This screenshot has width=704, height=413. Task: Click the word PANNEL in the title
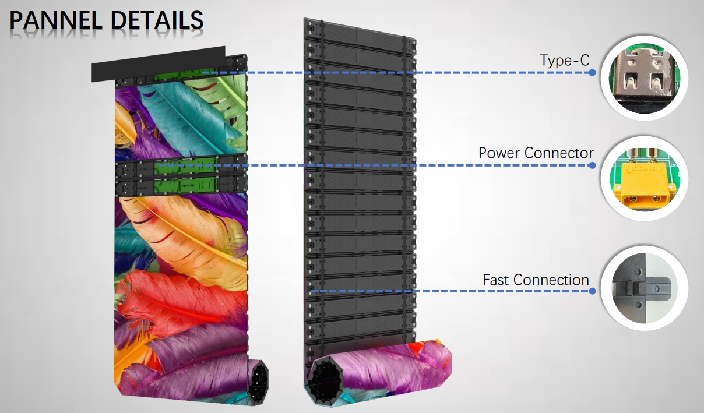tap(56, 20)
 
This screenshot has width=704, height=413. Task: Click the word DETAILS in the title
tap(157, 20)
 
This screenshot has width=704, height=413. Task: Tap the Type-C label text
tap(565, 61)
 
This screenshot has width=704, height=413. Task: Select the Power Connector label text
tap(536, 153)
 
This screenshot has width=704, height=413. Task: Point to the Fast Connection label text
tap(536, 280)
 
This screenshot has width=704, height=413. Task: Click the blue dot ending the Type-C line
tap(592, 73)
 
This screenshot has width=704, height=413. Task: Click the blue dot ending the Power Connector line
tap(592, 165)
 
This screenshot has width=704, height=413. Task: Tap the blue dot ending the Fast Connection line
tap(592, 291)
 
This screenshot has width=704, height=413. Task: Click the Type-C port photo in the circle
tap(645, 78)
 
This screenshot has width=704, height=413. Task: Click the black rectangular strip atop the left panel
tap(159, 63)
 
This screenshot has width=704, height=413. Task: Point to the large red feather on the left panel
tap(179, 302)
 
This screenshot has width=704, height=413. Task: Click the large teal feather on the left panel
tap(185, 119)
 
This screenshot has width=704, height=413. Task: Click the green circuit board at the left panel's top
tap(185, 75)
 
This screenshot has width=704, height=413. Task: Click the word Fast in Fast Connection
tap(497, 280)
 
